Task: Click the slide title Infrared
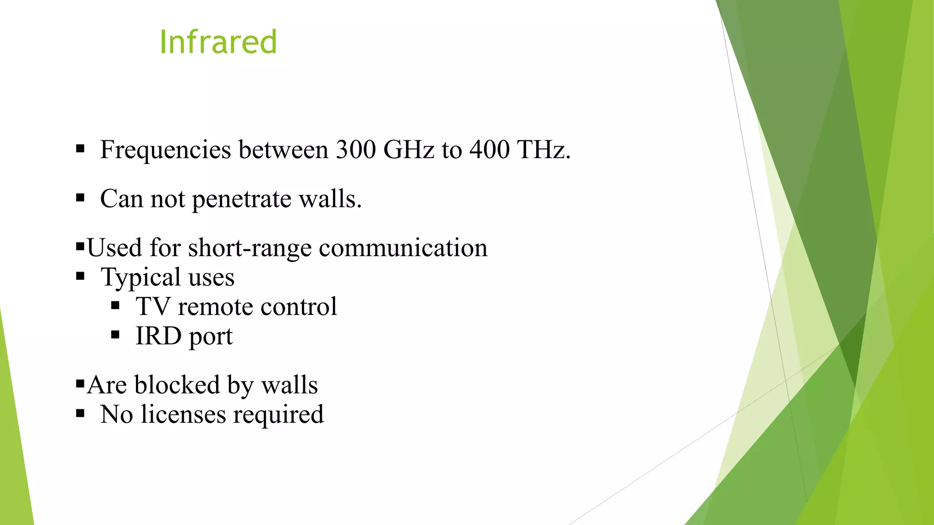pyautogui.click(x=218, y=42)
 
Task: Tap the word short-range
pyautogui.click(x=249, y=248)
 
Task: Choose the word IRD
pyautogui.click(x=158, y=336)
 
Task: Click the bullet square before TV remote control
pyautogui.click(x=115, y=306)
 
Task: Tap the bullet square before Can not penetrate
pyautogui.click(x=81, y=198)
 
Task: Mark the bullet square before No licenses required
pyautogui.click(x=81, y=414)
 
